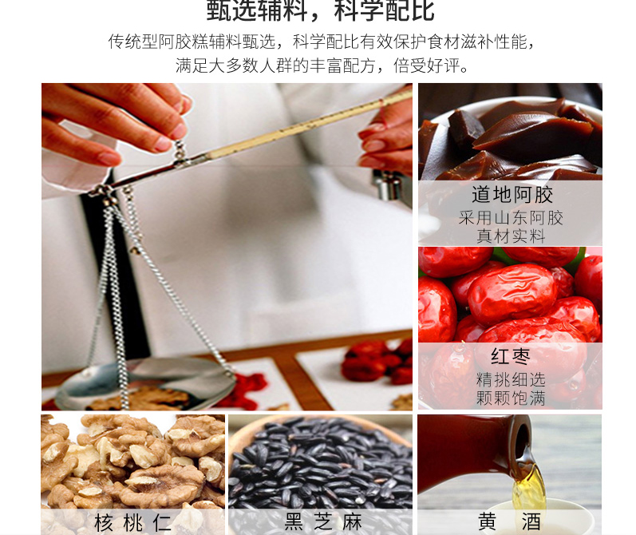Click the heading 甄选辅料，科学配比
coord(321,10)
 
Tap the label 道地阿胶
coord(512,194)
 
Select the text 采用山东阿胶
coord(511,218)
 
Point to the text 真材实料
coord(511,236)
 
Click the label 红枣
coord(511,356)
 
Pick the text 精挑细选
coord(511,379)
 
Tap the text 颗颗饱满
coord(511,398)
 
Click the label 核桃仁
coord(132,522)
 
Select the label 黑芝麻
coord(323,522)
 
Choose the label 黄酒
coord(509,521)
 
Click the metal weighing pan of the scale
coord(144,383)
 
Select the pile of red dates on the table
coord(375,362)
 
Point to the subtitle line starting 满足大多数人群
coord(322,65)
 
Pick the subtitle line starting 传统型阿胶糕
coord(322,42)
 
